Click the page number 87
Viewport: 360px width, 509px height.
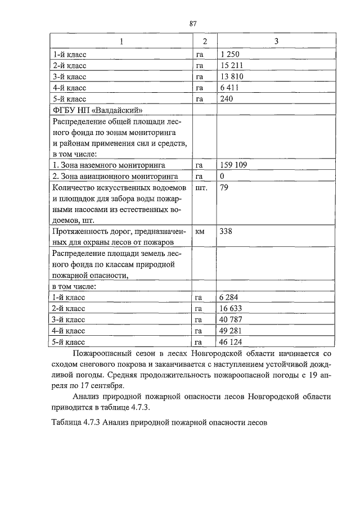tap(193, 24)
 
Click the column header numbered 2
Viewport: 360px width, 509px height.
tap(205, 42)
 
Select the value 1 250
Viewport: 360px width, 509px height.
tap(230, 55)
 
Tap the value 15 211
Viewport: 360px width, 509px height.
tap(232, 65)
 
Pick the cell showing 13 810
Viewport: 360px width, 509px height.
tap(232, 76)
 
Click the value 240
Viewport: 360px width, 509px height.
tap(226, 99)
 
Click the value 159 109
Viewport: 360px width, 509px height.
tap(234, 166)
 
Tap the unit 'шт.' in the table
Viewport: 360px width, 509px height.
tap(201, 188)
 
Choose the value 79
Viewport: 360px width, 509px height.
tap(224, 188)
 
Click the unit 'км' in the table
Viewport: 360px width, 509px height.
tap(200, 231)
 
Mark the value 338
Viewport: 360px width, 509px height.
tap(226, 231)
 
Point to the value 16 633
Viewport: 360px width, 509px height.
tap(232, 308)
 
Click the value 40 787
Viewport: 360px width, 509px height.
tap(232, 319)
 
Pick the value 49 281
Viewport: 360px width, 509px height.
tap(232, 330)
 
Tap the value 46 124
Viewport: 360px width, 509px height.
tap(232, 341)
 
